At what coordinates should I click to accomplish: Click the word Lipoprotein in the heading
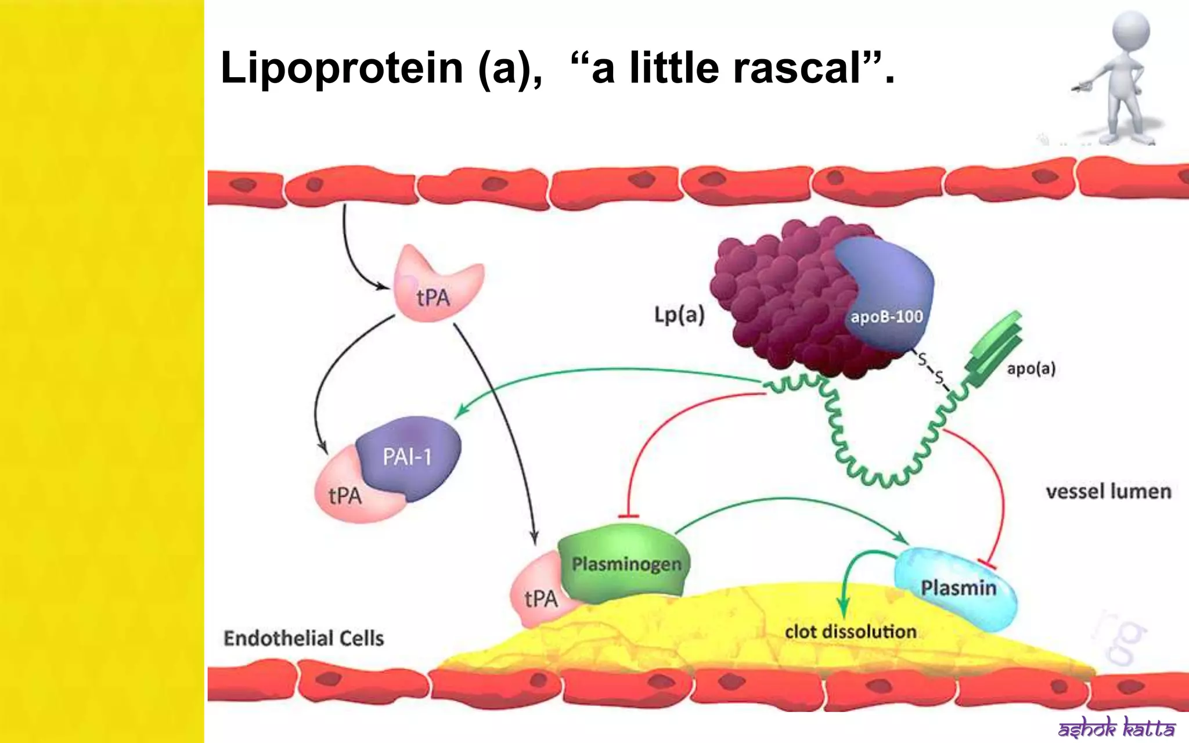341,68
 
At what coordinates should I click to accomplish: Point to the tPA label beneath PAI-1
345,496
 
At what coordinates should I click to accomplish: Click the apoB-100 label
887,316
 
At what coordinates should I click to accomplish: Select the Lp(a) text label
679,315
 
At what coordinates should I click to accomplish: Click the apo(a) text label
1031,369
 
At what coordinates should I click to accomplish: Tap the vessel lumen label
1108,492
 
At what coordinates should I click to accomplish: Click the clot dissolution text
850,632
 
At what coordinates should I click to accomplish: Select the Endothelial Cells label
304,638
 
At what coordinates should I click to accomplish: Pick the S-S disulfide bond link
931,369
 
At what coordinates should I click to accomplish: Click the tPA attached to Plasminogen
540,598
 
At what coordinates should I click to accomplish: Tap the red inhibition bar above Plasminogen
628,516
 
